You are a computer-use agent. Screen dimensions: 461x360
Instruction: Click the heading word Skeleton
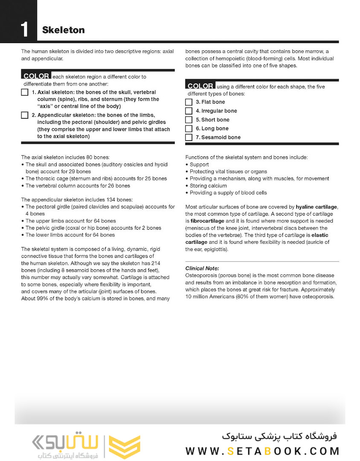point(63,30)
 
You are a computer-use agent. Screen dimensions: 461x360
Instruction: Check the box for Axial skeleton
point(25,93)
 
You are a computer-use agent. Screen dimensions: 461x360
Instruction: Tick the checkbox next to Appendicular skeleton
point(25,115)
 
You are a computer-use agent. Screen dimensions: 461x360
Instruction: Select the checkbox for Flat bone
point(189,102)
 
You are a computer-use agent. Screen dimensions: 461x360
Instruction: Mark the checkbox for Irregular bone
point(189,111)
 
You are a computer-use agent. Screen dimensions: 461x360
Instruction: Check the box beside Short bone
point(189,120)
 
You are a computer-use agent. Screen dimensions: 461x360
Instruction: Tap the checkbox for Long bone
point(189,128)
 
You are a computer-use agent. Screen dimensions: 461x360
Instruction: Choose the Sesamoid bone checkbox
point(189,137)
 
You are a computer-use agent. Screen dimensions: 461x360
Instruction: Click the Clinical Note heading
point(202,268)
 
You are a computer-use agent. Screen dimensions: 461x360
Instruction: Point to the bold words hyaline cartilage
point(316,207)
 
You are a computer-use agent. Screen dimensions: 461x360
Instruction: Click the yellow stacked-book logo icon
point(124,446)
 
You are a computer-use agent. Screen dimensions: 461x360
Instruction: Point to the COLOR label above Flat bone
point(200,86)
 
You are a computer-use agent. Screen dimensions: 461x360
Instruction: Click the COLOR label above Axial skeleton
point(36,76)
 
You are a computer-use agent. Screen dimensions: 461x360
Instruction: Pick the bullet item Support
point(199,164)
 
